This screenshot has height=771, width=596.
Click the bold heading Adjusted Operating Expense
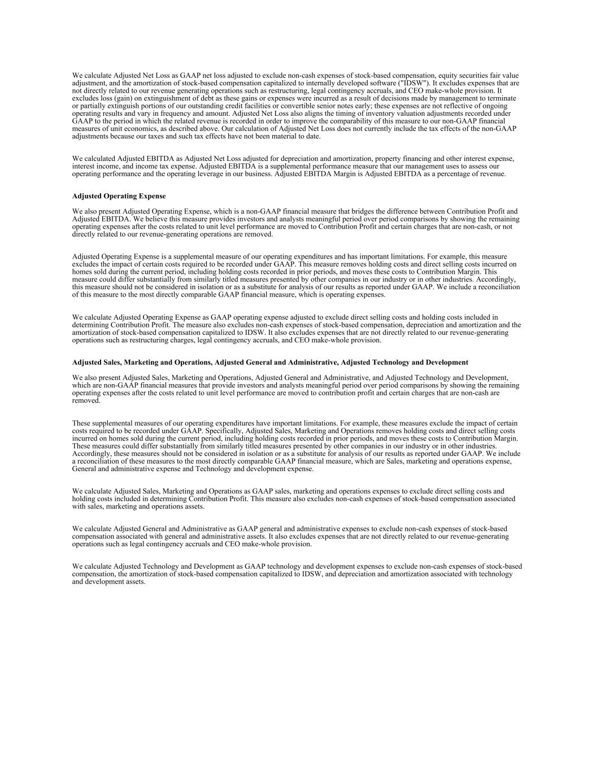point(119,197)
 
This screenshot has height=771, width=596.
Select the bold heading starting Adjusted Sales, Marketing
point(270,363)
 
